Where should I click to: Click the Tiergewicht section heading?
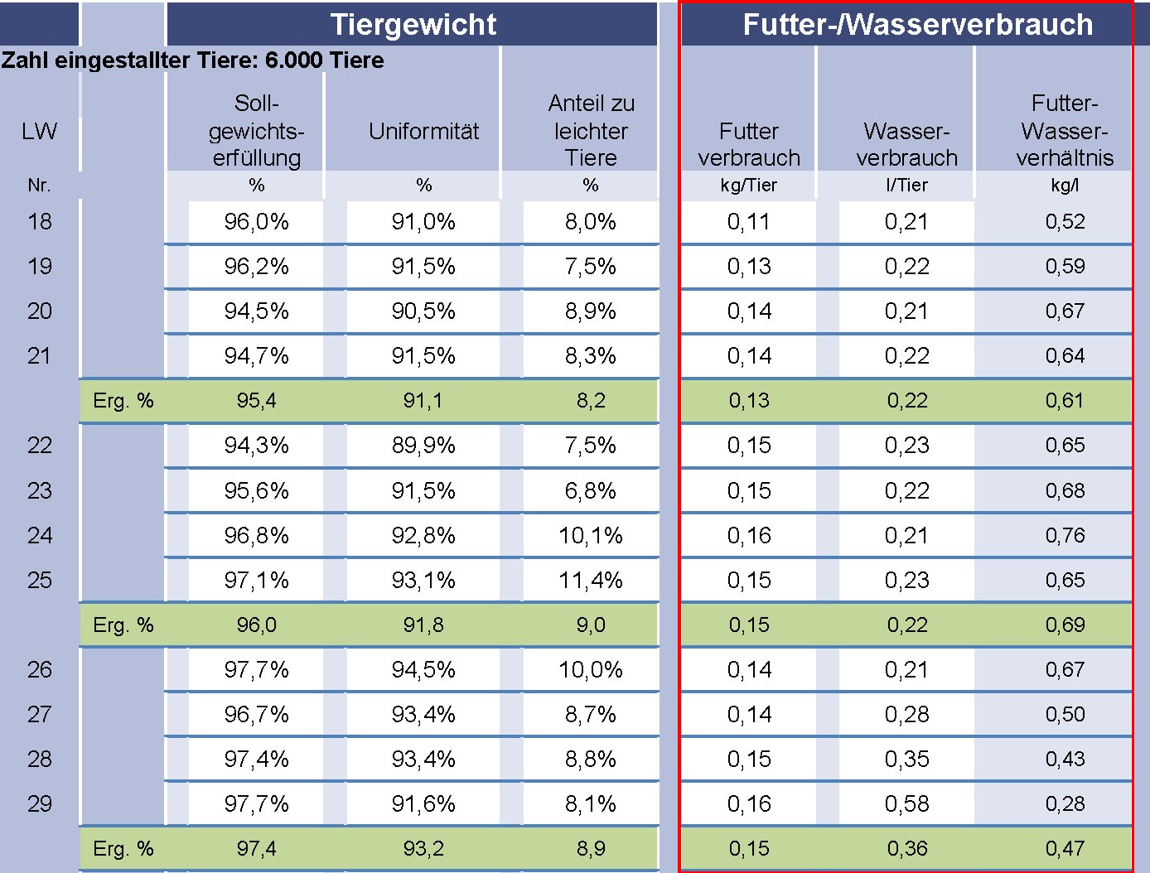413,24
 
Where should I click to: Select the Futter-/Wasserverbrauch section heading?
917,24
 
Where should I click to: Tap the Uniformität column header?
423,131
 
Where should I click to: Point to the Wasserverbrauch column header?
906,144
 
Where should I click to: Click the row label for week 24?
40,536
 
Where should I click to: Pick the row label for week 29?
40,804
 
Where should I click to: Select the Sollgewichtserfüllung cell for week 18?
256,222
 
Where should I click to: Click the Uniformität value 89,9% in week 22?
423,446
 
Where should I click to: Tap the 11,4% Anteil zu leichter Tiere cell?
590,581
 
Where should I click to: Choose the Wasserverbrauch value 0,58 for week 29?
906,804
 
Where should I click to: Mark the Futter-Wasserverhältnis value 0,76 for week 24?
1065,536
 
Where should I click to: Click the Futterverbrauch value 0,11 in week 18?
749,222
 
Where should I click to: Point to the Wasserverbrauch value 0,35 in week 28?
906,760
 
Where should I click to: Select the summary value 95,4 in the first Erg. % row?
256,401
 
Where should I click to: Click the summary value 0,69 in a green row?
1065,625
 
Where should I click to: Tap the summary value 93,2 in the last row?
423,849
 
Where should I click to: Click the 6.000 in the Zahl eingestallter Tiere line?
293,60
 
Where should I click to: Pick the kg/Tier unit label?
749,186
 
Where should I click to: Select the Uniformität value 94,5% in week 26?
423,670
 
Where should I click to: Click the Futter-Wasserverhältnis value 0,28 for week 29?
1065,804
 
